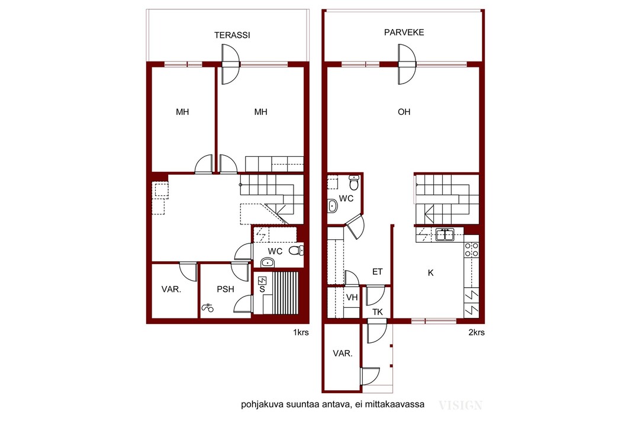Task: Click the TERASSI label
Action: click(232, 35)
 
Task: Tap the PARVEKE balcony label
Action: click(404, 32)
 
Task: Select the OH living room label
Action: click(404, 112)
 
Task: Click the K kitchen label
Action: click(430, 273)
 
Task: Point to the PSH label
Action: click(226, 289)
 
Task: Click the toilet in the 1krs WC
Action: click(296, 250)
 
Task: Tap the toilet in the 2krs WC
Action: click(354, 183)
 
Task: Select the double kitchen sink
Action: click(445, 234)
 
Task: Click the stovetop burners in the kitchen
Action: click(471, 249)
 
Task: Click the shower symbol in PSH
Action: click(208, 308)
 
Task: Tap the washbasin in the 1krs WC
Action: click(267, 263)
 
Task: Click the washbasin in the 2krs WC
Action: click(333, 206)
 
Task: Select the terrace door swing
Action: click(231, 65)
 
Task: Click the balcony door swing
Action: click(407, 65)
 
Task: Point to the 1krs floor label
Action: click(301, 332)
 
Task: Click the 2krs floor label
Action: click(477, 332)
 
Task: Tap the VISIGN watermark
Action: click(461, 405)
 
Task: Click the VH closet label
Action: click(352, 297)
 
